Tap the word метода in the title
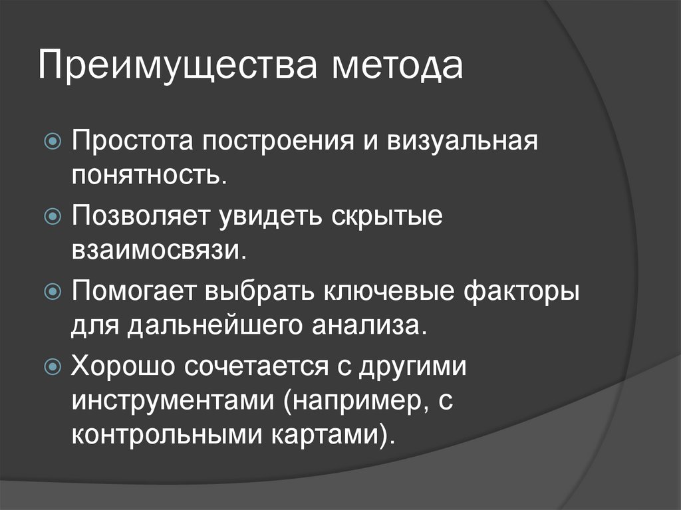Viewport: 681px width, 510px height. click(x=399, y=68)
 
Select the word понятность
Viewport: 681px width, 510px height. click(x=150, y=176)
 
